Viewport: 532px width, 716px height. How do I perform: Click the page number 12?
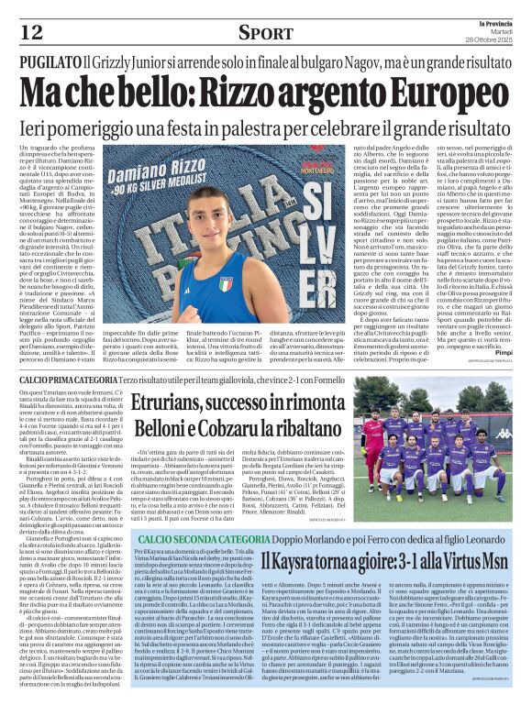pyautogui.click(x=31, y=33)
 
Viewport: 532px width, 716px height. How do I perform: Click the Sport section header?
pyautogui.click(x=267, y=33)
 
